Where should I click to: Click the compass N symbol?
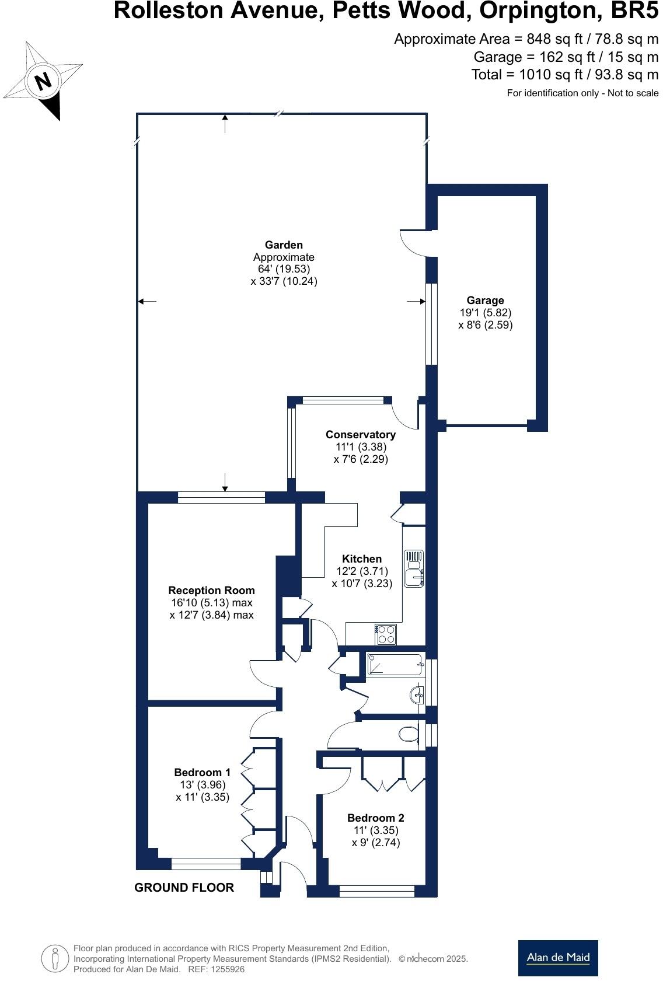point(43,81)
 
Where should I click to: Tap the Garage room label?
point(485,301)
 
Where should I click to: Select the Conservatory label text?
point(361,434)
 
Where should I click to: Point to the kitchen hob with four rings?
point(386,634)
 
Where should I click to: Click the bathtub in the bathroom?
point(394,665)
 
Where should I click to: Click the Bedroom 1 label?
point(203,772)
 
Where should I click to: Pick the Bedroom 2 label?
point(376,818)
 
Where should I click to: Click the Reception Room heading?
point(211,590)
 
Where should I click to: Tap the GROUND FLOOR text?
point(184,887)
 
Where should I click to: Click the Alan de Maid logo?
point(558,958)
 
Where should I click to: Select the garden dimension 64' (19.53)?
point(284,269)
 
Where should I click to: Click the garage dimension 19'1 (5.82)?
point(485,313)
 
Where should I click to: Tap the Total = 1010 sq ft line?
point(564,75)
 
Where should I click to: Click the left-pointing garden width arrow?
point(146,301)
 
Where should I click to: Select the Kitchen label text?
point(362,559)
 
